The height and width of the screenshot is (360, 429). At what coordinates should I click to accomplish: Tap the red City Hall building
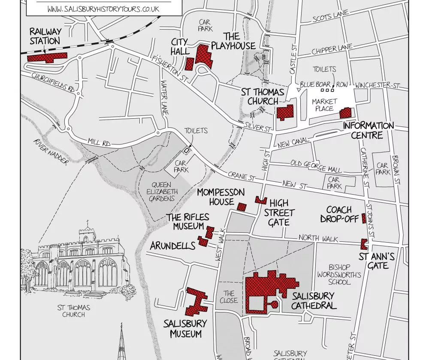click(189, 64)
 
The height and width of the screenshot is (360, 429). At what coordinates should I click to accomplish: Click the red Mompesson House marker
click(242, 207)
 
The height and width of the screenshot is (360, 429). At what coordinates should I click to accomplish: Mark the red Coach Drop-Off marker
click(364, 218)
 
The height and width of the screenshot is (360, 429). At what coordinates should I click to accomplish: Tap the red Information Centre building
click(345, 113)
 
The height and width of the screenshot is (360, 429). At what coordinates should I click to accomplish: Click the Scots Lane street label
click(330, 18)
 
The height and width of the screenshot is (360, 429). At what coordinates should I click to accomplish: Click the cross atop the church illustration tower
click(88, 223)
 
